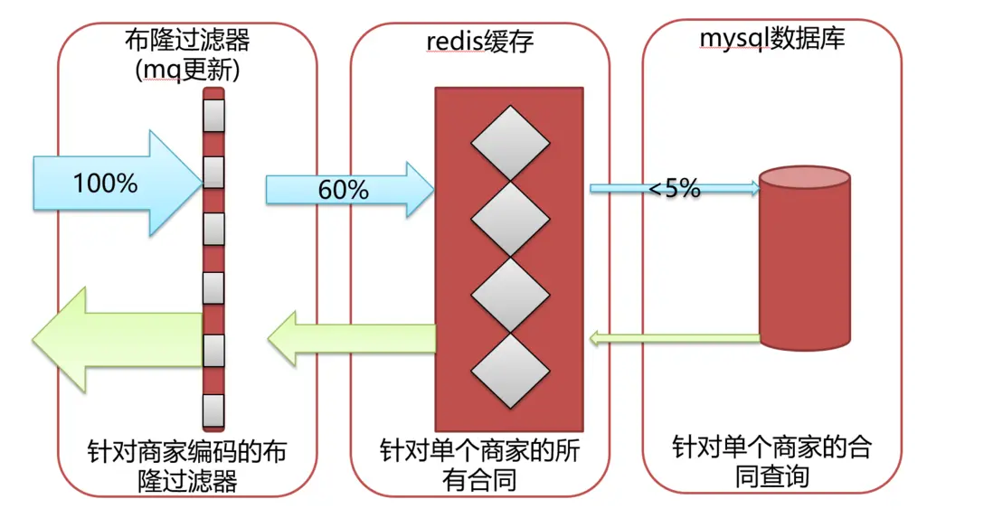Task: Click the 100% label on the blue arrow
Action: [x=105, y=184]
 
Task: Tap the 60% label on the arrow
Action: [x=343, y=191]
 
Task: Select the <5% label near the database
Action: [x=675, y=190]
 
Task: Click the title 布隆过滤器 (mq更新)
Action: [x=186, y=54]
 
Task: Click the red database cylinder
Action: [x=804, y=262]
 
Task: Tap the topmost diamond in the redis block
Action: [x=510, y=143]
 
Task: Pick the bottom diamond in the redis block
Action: [x=510, y=372]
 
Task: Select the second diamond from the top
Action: [x=510, y=219]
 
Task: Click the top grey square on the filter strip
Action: [x=213, y=115]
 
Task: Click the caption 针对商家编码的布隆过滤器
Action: [x=188, y=465]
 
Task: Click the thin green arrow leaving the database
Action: [x=675, y=339]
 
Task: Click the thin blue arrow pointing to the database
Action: [x=675, y=188]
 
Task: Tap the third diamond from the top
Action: [x=510, y=295]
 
